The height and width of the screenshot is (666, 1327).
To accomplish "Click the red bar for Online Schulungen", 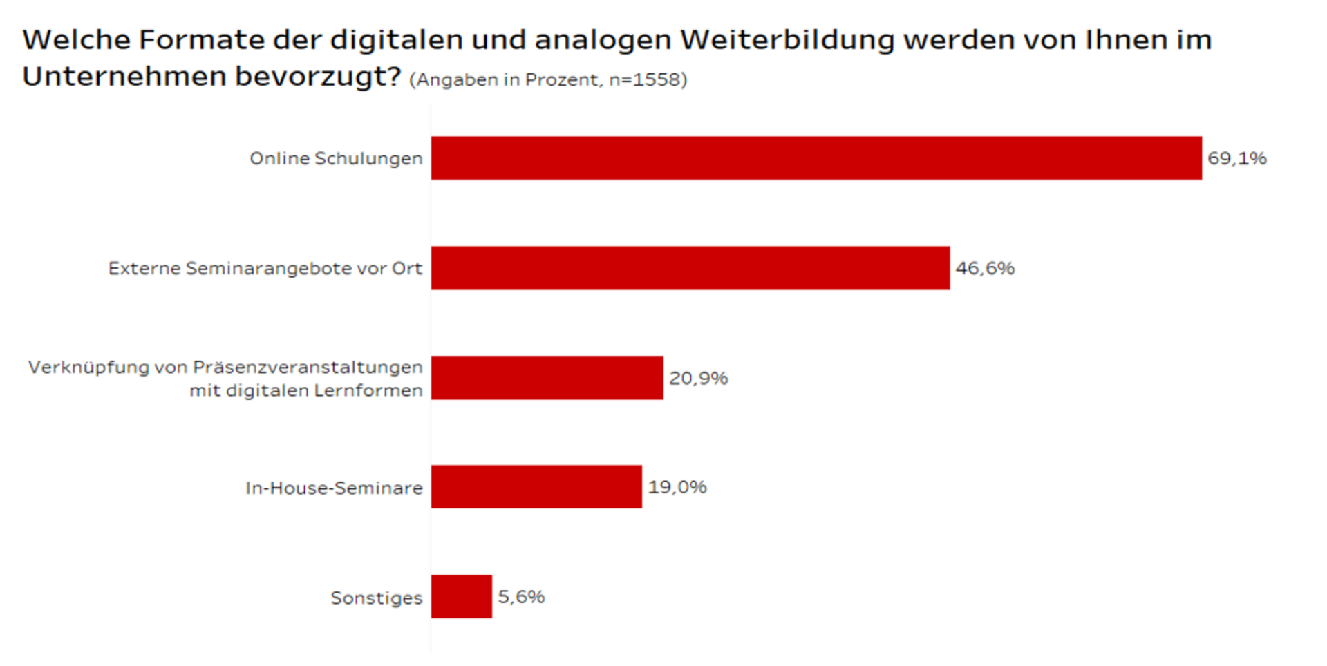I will (x=816, y=158).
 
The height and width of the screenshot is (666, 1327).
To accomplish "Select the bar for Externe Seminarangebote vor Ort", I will (x=690, y=268).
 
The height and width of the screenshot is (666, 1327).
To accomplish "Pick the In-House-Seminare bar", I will (x=536, y=487).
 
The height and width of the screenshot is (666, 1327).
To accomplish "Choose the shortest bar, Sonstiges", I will (x=461, y=597).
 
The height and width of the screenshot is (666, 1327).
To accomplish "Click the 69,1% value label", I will (x=1236, y=158).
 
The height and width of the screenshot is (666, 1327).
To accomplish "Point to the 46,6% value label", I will (x=985, y=268).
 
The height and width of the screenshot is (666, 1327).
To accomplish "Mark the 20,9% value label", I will (x=698, y=378).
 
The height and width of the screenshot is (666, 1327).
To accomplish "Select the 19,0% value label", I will (x=677, y=487).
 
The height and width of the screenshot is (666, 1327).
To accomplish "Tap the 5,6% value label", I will (x=521, y=597).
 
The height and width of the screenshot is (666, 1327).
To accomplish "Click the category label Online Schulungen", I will (x=336, y=159).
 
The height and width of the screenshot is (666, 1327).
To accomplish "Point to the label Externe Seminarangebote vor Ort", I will (x=265, y=269).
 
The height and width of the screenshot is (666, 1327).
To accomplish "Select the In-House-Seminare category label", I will (x=334, y=488).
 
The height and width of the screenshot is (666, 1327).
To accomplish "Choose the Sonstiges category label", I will (x=376, y=598).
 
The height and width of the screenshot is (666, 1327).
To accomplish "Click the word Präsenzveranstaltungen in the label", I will (x=308, y=368).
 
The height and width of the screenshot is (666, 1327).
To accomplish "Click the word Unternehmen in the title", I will (x=124, y=76).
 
